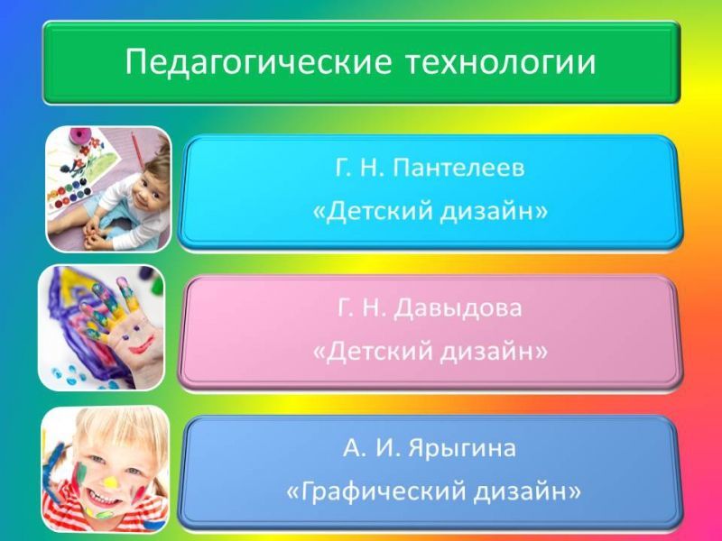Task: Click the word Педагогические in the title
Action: coord(258,62)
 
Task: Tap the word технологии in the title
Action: coord(501,62)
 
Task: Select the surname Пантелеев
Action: coord(458,168)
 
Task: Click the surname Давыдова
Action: coord(458,308)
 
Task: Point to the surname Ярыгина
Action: coord(462,448)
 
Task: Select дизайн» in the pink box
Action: coord(494,352)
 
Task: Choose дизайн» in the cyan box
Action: coord(494,212)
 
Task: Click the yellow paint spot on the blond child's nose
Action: coord(110,481)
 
